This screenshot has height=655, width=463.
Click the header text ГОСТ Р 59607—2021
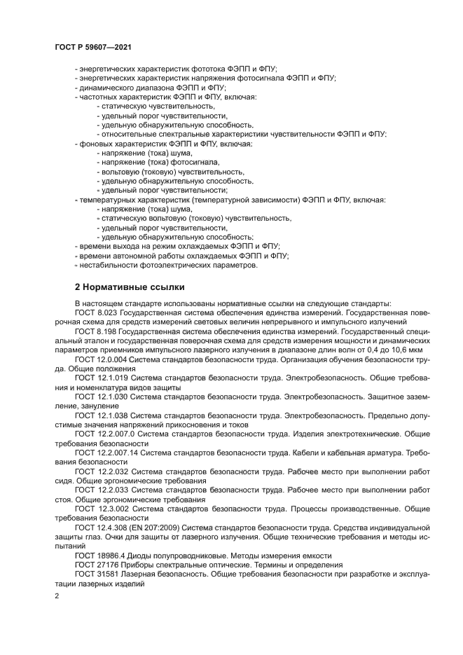(93, 46)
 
